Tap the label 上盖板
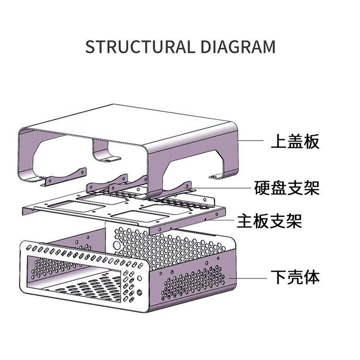(x=295, y=141)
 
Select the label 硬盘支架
(x=287, y=187)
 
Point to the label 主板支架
(x=270, y=222)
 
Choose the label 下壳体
(x=295, y=277)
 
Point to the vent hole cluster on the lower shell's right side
(x=192, y=283)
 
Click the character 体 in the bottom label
(x=312, y=277)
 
